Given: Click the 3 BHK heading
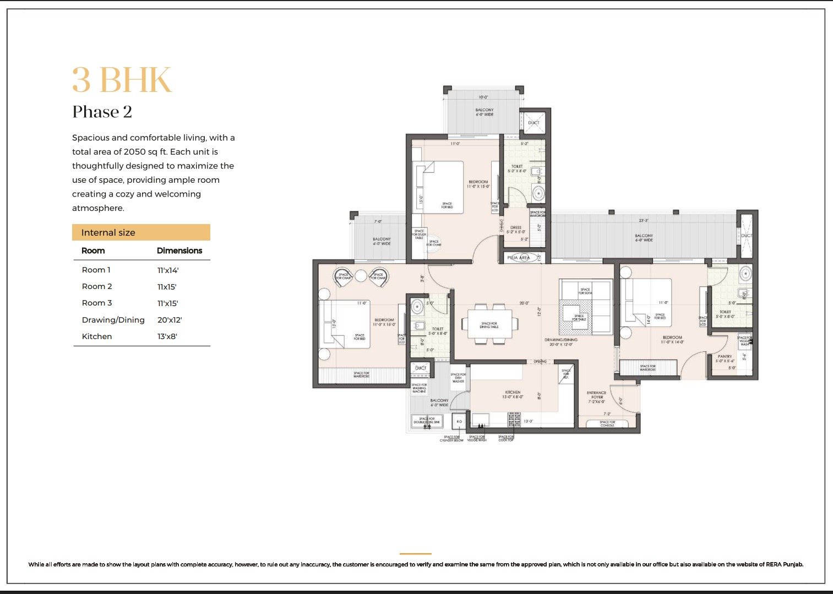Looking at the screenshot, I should click(122, 80).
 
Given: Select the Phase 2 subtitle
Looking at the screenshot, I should click(102, 112).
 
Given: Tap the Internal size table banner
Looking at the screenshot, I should click(141, 232).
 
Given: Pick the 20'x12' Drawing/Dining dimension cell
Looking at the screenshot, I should click(170, 320).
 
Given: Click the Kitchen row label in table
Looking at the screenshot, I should click(97, 336).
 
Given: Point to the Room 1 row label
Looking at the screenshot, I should click(96, 270).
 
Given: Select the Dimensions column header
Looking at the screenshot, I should click(179, 250).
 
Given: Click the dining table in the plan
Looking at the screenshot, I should click(489, 324).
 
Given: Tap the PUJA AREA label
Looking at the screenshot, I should click(518, 258).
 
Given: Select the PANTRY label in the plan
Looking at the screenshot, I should click(725, 357).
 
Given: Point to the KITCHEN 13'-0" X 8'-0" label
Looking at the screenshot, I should click(513, 395).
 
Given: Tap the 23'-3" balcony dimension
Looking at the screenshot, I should click(643, 220).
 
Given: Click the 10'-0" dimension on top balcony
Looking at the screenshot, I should click(483, 97).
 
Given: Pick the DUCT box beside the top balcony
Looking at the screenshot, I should click(533, 123).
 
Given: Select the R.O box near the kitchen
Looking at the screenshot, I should click(459, 422).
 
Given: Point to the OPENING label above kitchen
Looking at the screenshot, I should click(540, 362).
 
